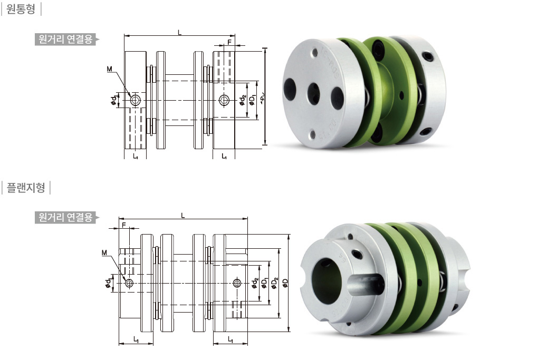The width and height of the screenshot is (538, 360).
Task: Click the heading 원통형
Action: coord(21,8)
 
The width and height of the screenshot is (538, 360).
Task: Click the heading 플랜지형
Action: coord(26,187)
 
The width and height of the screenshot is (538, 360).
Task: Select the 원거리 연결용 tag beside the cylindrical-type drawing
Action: coord(65,40)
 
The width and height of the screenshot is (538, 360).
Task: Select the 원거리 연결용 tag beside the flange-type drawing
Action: coord(65,217)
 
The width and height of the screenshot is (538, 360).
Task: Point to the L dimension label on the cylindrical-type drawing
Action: coord(179,32)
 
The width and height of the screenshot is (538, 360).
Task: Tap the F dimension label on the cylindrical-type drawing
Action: coord(229,42)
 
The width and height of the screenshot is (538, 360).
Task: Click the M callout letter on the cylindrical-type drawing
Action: coord(110,69)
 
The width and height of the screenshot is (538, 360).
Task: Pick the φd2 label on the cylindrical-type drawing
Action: coord(243,100)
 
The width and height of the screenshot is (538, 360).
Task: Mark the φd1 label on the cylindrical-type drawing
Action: coord(113,100)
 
